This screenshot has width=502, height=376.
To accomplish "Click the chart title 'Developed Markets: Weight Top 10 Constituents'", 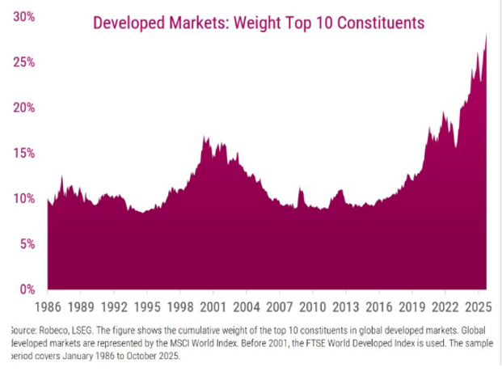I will (259, 22).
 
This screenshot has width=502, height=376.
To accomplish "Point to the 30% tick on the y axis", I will (23, 16).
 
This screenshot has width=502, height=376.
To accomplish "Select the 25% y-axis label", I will (23, 62).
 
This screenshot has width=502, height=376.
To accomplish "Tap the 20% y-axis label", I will (23, 108).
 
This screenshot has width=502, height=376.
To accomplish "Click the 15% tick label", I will (23, 153).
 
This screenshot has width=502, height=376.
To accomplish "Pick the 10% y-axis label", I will (23, 198).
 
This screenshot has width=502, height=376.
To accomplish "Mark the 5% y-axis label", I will (27, 243).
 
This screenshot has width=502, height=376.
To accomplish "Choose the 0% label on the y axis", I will (27, 289).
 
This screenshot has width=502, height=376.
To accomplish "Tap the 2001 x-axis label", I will (213, 308).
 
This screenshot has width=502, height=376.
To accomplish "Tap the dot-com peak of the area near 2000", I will (205, 137).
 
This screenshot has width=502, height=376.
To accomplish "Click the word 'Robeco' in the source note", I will (49, 331).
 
